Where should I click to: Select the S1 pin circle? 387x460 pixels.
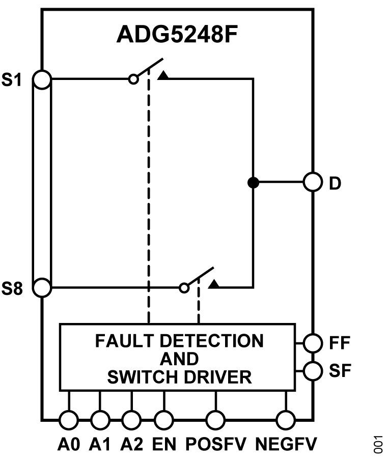pyautogui.click(x=42, y=79)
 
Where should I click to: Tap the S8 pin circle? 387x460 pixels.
pyautogui.click(x=42, y=288)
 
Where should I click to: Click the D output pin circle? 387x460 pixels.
pyautogui.click(x=312, y=182)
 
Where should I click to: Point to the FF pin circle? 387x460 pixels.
pyautogui.click(x=312, y=342)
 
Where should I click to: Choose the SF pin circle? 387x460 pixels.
pyautogui.click(x=312, y=370)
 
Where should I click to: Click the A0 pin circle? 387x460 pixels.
pyautogui.click(x=69, y=420)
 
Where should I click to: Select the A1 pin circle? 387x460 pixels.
pyautogui.click(x=100, y=420)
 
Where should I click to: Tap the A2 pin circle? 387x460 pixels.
pyautogui.click(x=132, y=420)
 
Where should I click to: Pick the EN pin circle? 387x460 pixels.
pyautogui.click(x=163, y=420)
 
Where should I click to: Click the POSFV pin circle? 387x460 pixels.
pyautogui.click(x=215, y=420)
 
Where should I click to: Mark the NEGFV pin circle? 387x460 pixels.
pyautogui.click(x=286, y=420)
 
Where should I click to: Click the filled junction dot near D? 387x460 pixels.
pyautogui.click(x=252, y=182)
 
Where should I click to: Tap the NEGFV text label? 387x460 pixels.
pyautogui.click(x=286, y=445)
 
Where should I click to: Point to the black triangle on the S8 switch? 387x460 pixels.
pyautogui.click(x=215, y=285)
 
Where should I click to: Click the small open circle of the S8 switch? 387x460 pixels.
pyautogui.click(x=184, y=288)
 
